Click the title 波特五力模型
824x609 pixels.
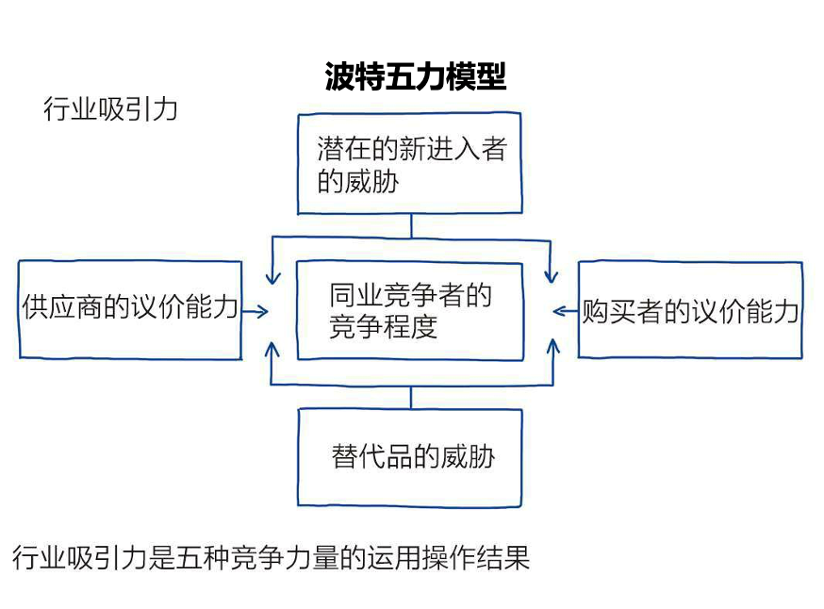coord(416,76)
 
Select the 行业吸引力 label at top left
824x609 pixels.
coord(110,109)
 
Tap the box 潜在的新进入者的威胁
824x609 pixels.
coord(409,165)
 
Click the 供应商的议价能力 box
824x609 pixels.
coord(129,310)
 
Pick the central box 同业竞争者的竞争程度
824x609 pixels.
coord(409,311)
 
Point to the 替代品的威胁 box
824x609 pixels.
coord(411,457)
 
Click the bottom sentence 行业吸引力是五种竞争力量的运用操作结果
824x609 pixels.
coord(272,557)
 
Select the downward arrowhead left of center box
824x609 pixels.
coord(272,276)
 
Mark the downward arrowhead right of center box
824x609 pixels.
coord(553,276)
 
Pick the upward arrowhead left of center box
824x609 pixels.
coord(272,346)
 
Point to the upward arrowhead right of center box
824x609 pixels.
coord(553,346)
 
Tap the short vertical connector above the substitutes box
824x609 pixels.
coord(411,396)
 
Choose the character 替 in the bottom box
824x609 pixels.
coord(344,457)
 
